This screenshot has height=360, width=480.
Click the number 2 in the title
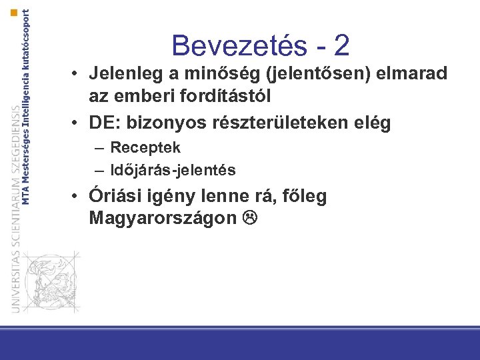point(341,45)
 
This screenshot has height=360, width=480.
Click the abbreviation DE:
point(103,123)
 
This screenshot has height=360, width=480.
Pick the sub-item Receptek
point(145,147)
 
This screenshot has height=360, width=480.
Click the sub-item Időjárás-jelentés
point(173,170)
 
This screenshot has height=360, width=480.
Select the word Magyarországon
point(163,218)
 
